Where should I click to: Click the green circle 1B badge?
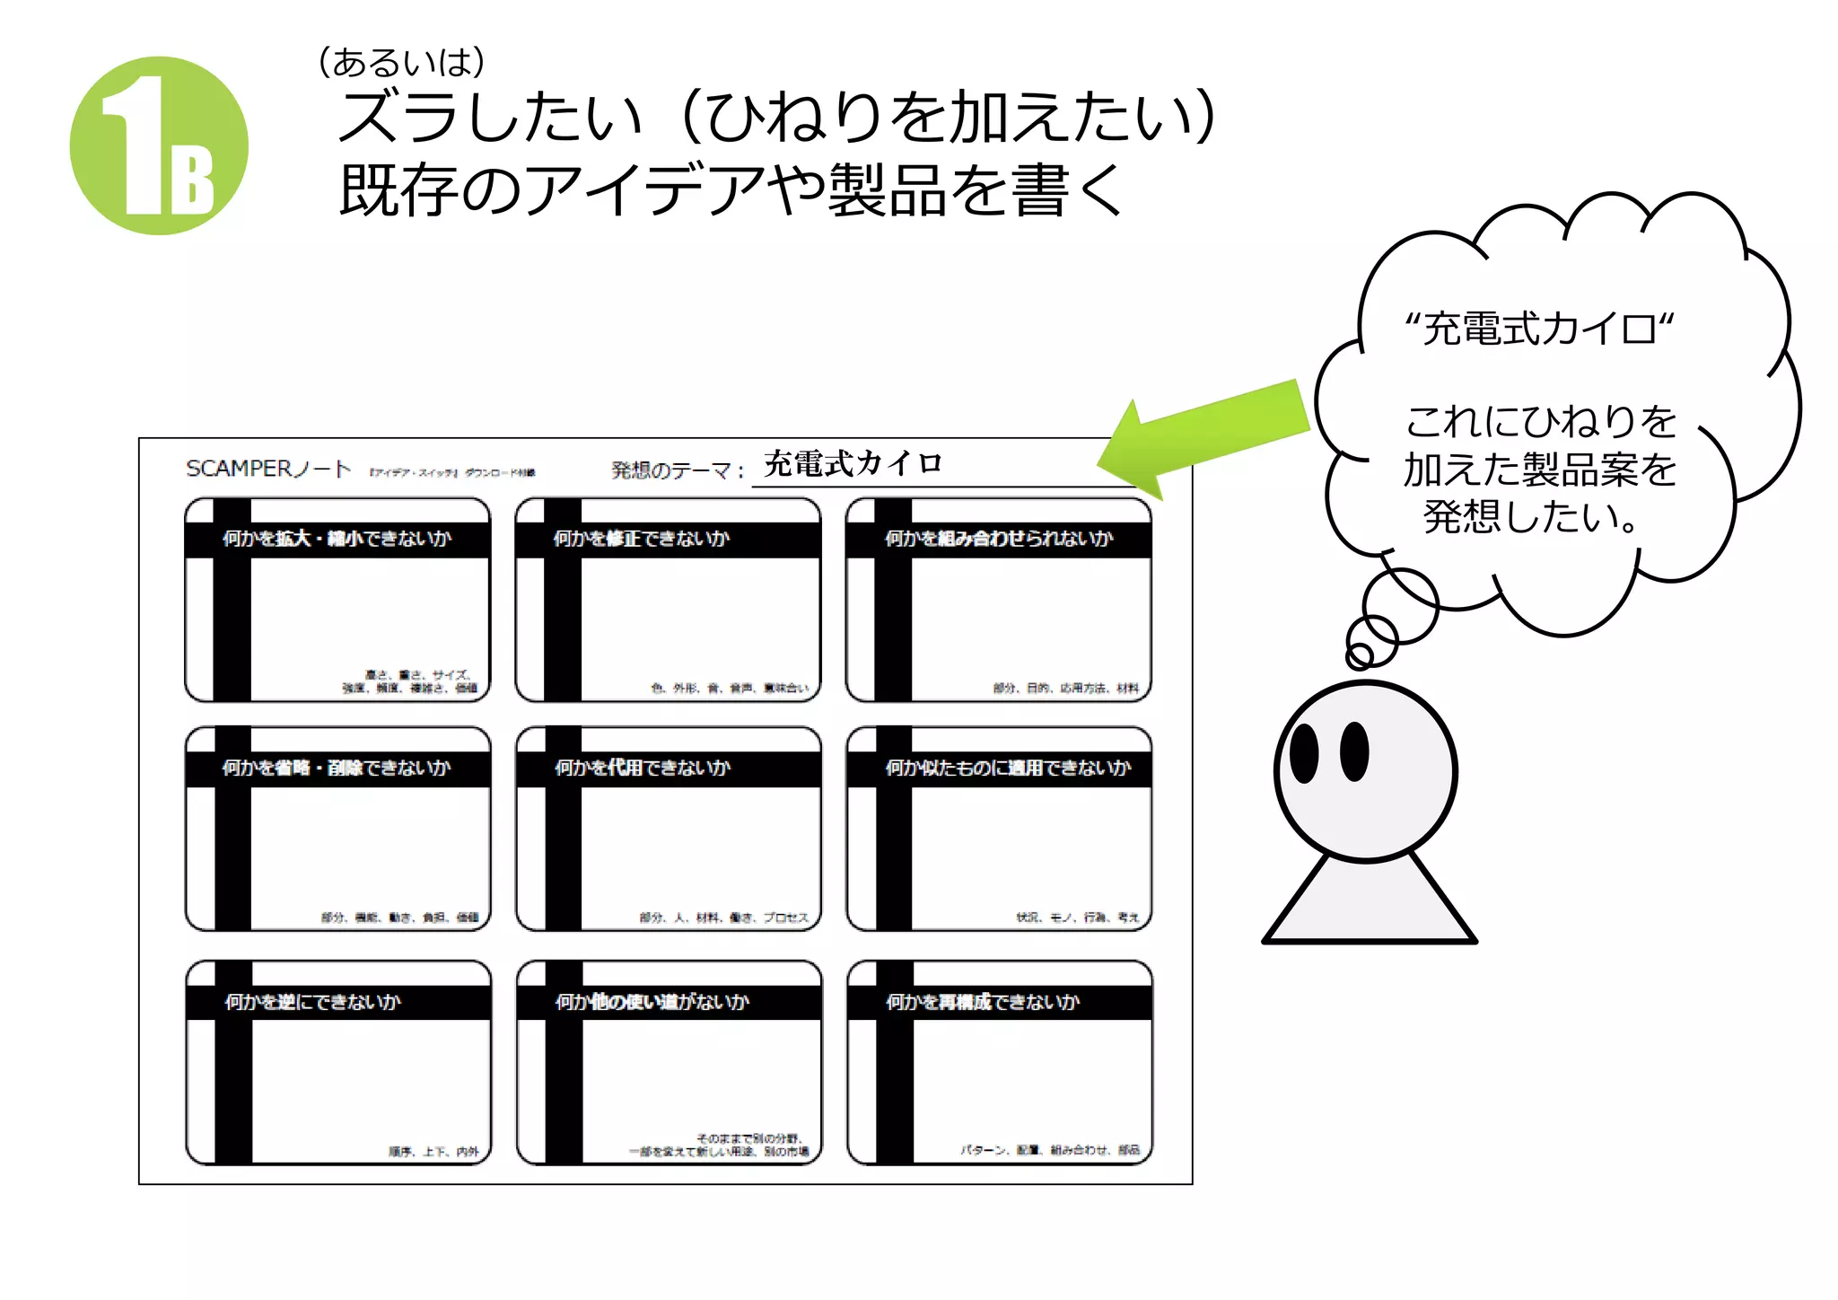click(x=159, y=145)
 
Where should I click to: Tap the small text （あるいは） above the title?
click(x=401, y=62)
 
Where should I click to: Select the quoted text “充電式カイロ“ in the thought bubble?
click(x=1538, y=329)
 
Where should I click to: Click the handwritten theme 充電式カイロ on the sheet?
click(x=852, y=463)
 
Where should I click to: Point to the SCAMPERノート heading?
click(x=267, y=469)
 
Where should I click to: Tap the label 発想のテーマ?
click(x=678, y=470)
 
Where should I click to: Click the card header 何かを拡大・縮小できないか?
click(x=337, y=539)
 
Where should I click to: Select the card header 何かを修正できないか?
click(x=641, y=539)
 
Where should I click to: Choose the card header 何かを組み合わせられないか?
click(x=998, y=539)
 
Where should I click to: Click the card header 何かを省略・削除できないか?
click(x=337, y=768)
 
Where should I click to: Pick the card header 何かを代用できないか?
click(x=642, y=768)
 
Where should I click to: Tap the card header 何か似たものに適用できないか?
click(x=1007, y=768)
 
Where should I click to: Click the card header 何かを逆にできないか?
click(x=312, y=1002)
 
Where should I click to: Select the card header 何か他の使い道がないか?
click(x=652, y=1002)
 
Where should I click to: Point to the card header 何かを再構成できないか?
click(x=982, y=1002)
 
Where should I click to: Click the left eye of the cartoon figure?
click(x=1303, y=752)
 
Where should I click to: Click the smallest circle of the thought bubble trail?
click(x=1360, y=655)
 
